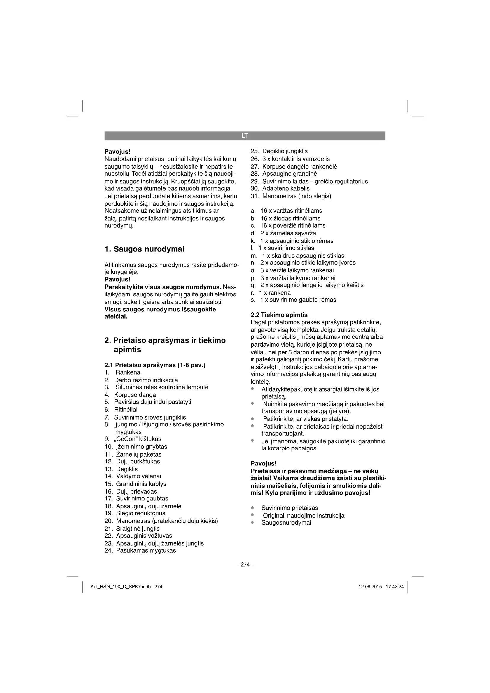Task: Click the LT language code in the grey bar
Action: (244, 136)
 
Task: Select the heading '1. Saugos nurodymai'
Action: (144, 249)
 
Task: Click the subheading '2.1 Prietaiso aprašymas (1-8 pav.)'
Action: (155, 365)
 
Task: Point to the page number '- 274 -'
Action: (245, 565)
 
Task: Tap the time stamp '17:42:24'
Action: (395, 587)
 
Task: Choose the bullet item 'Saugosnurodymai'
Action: (286, 523)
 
